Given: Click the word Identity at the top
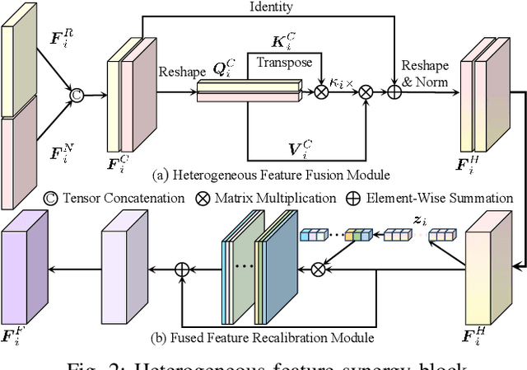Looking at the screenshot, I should click(x=273, y=7).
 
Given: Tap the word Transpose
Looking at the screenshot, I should click(x=284, y=62).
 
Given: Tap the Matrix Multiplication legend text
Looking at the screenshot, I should click(x=282, y=198).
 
